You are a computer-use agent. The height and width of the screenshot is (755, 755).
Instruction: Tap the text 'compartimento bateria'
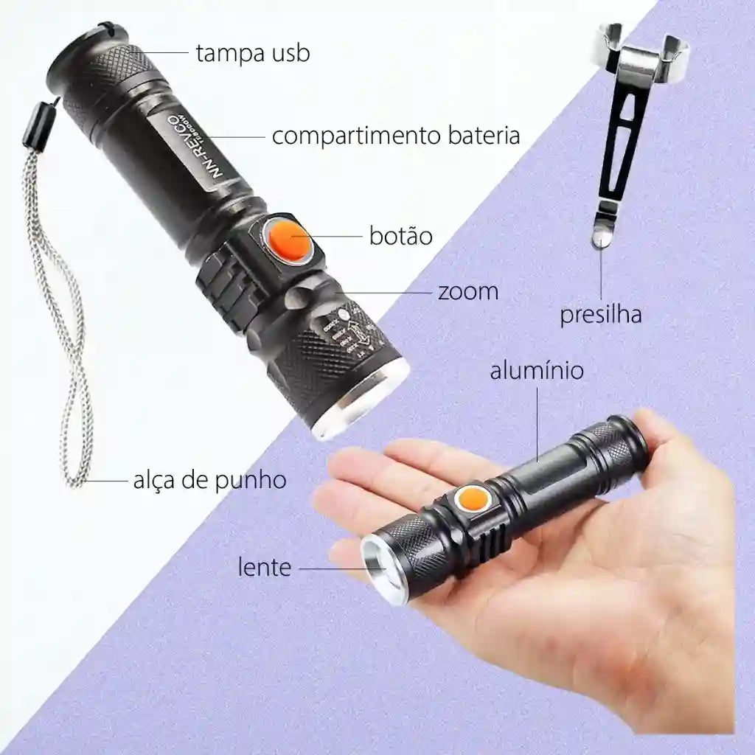tap(396, 136)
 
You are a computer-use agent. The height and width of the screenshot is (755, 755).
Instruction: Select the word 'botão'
tap(400, 237)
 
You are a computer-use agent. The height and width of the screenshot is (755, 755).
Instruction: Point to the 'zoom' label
tap(467, 291)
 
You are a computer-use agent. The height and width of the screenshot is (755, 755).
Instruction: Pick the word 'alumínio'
tap(537, 370)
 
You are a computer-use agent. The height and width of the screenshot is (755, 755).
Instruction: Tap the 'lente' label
tap(264, 567)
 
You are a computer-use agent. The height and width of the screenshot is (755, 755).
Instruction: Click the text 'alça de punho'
tap(209, 481)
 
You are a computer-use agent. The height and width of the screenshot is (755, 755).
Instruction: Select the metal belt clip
tap(619, 125)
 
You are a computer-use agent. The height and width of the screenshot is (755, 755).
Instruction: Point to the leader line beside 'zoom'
tap(383, 292)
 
